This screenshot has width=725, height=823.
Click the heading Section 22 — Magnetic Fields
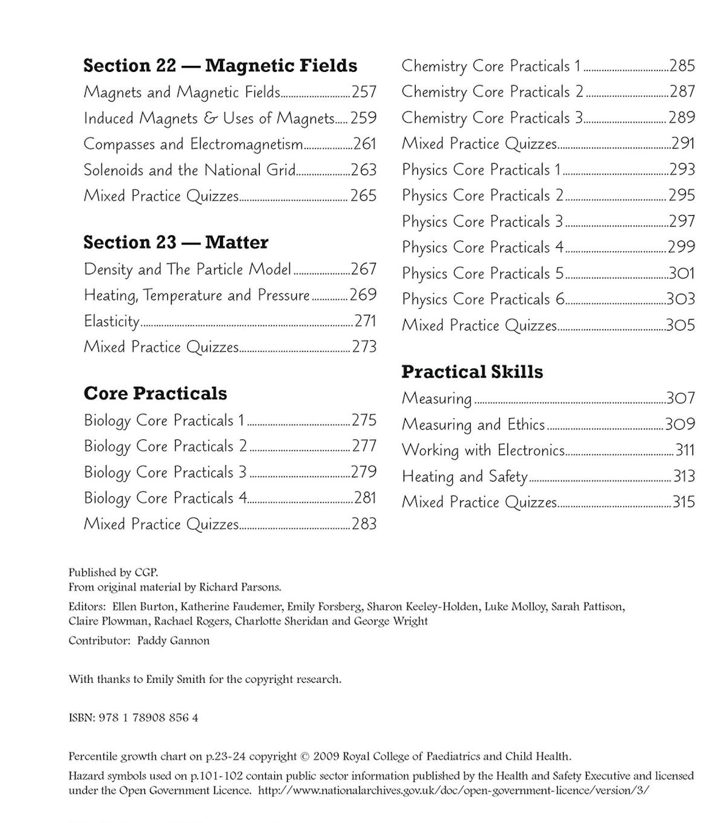[220, 65]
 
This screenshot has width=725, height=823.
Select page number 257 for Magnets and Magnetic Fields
[364, 92]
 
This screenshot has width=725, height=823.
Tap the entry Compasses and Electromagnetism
[193, 144]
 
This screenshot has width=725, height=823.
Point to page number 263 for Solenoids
[364, 170]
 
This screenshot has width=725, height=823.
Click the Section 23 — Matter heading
[176, 242]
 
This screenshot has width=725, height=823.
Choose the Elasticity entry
[112, 321]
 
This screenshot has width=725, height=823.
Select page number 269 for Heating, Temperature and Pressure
[363, 295]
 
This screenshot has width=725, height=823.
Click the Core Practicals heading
[155, 393]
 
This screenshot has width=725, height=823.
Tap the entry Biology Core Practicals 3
[165, 472]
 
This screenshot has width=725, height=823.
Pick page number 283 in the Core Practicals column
[364, 524]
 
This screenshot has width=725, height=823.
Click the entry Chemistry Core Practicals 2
[492, 92]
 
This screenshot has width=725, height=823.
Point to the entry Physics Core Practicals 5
[483, 274]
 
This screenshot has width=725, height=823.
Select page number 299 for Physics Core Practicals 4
[681, 247]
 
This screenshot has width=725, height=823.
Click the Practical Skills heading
[472, 372]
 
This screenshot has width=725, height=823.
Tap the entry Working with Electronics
[483, 450]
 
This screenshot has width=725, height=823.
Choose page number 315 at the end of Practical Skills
[684, 502]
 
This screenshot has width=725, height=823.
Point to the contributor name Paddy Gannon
[173, 641]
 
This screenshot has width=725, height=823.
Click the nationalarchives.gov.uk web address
[453, 790]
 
